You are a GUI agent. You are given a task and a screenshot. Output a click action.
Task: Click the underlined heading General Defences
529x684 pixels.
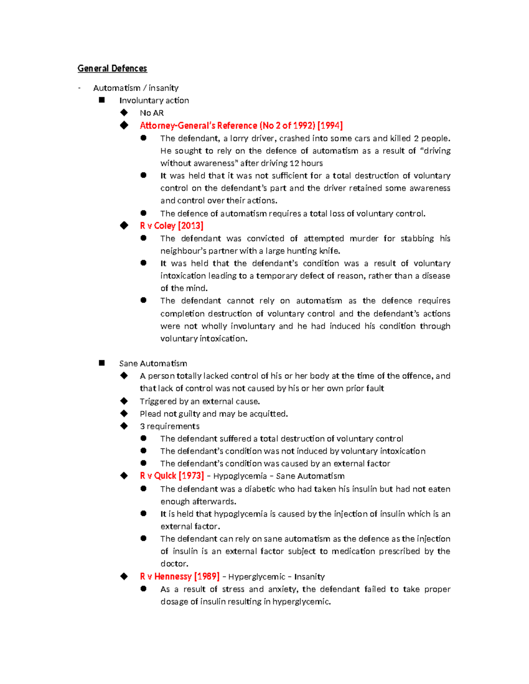point(112,68)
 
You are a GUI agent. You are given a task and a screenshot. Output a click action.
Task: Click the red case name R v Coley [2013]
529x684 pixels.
point(171,226)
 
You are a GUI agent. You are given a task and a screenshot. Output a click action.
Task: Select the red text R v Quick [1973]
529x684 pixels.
point(172,476)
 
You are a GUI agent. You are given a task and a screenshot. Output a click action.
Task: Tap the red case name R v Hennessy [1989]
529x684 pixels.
point(179,577)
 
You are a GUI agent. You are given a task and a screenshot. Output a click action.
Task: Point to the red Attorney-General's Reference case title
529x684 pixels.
point(241,126)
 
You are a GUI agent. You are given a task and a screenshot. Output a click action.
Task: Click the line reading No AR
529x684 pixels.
point(152,113)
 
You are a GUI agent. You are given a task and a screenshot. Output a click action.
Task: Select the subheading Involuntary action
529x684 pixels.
point(154,100)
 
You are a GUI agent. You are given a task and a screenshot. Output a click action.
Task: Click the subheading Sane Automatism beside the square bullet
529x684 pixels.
point(153,363)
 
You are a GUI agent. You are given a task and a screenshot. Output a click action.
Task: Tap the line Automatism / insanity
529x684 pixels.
point(136,88)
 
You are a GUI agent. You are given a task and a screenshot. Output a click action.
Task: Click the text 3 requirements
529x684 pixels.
point(169,426)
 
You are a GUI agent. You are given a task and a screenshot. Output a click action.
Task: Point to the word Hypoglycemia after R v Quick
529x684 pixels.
point(240,476)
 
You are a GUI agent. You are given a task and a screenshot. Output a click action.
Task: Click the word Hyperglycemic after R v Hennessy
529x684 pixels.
point(257,577)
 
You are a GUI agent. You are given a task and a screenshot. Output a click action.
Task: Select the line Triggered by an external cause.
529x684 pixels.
point(200,401)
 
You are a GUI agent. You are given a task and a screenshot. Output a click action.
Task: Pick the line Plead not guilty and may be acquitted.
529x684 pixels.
point(213,414)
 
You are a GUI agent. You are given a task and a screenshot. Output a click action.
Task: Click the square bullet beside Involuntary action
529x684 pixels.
point(102,100)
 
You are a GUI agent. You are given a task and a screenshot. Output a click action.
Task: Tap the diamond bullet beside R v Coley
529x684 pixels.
point(124,226)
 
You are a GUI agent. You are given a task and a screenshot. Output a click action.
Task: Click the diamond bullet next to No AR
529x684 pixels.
point(124,113)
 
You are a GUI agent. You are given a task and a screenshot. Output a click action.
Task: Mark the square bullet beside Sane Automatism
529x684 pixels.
point(102,363)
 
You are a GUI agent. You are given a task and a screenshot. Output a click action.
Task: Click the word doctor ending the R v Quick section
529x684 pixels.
point(174,564)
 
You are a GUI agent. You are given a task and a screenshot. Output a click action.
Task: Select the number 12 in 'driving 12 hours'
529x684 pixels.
point(294,163)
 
